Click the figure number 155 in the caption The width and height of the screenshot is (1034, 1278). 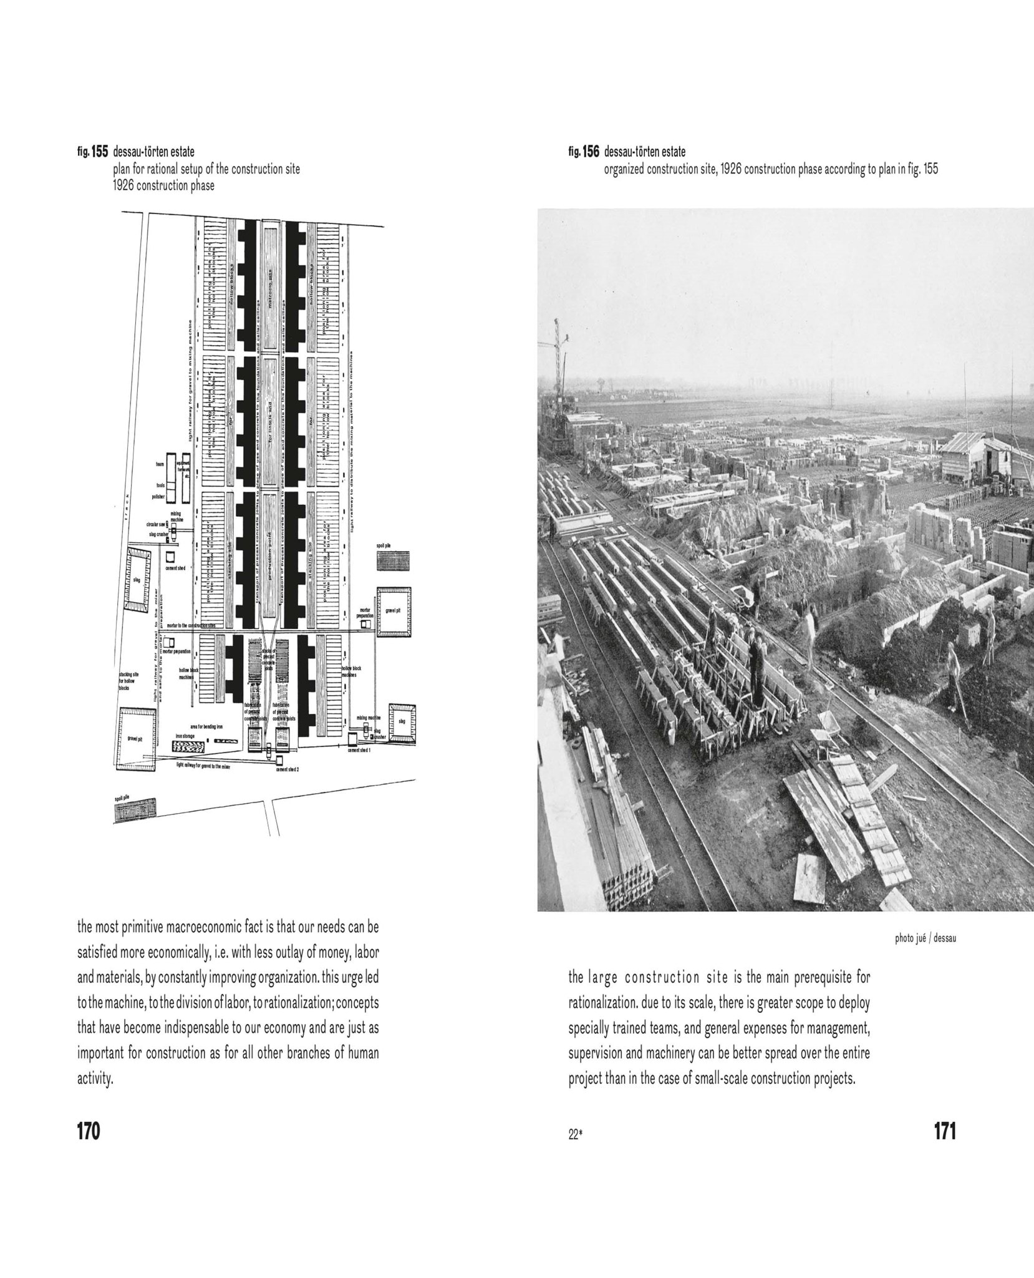tap(100, 152)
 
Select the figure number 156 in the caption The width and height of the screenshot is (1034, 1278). tap(591, 152)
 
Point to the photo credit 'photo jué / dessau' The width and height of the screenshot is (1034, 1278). tap(925, 939)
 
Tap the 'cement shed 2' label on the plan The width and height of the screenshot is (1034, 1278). tap(287, 769)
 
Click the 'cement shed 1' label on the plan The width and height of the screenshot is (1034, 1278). tap(360, 750)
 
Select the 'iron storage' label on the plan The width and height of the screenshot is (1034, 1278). tap(185, 736)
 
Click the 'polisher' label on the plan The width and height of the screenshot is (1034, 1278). tap(158, 497)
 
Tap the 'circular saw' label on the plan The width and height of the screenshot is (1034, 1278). tap(156, 525)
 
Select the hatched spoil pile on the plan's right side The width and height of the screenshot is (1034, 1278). tap(393, 559)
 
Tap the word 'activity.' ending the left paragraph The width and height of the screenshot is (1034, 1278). tap(95, 1079)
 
